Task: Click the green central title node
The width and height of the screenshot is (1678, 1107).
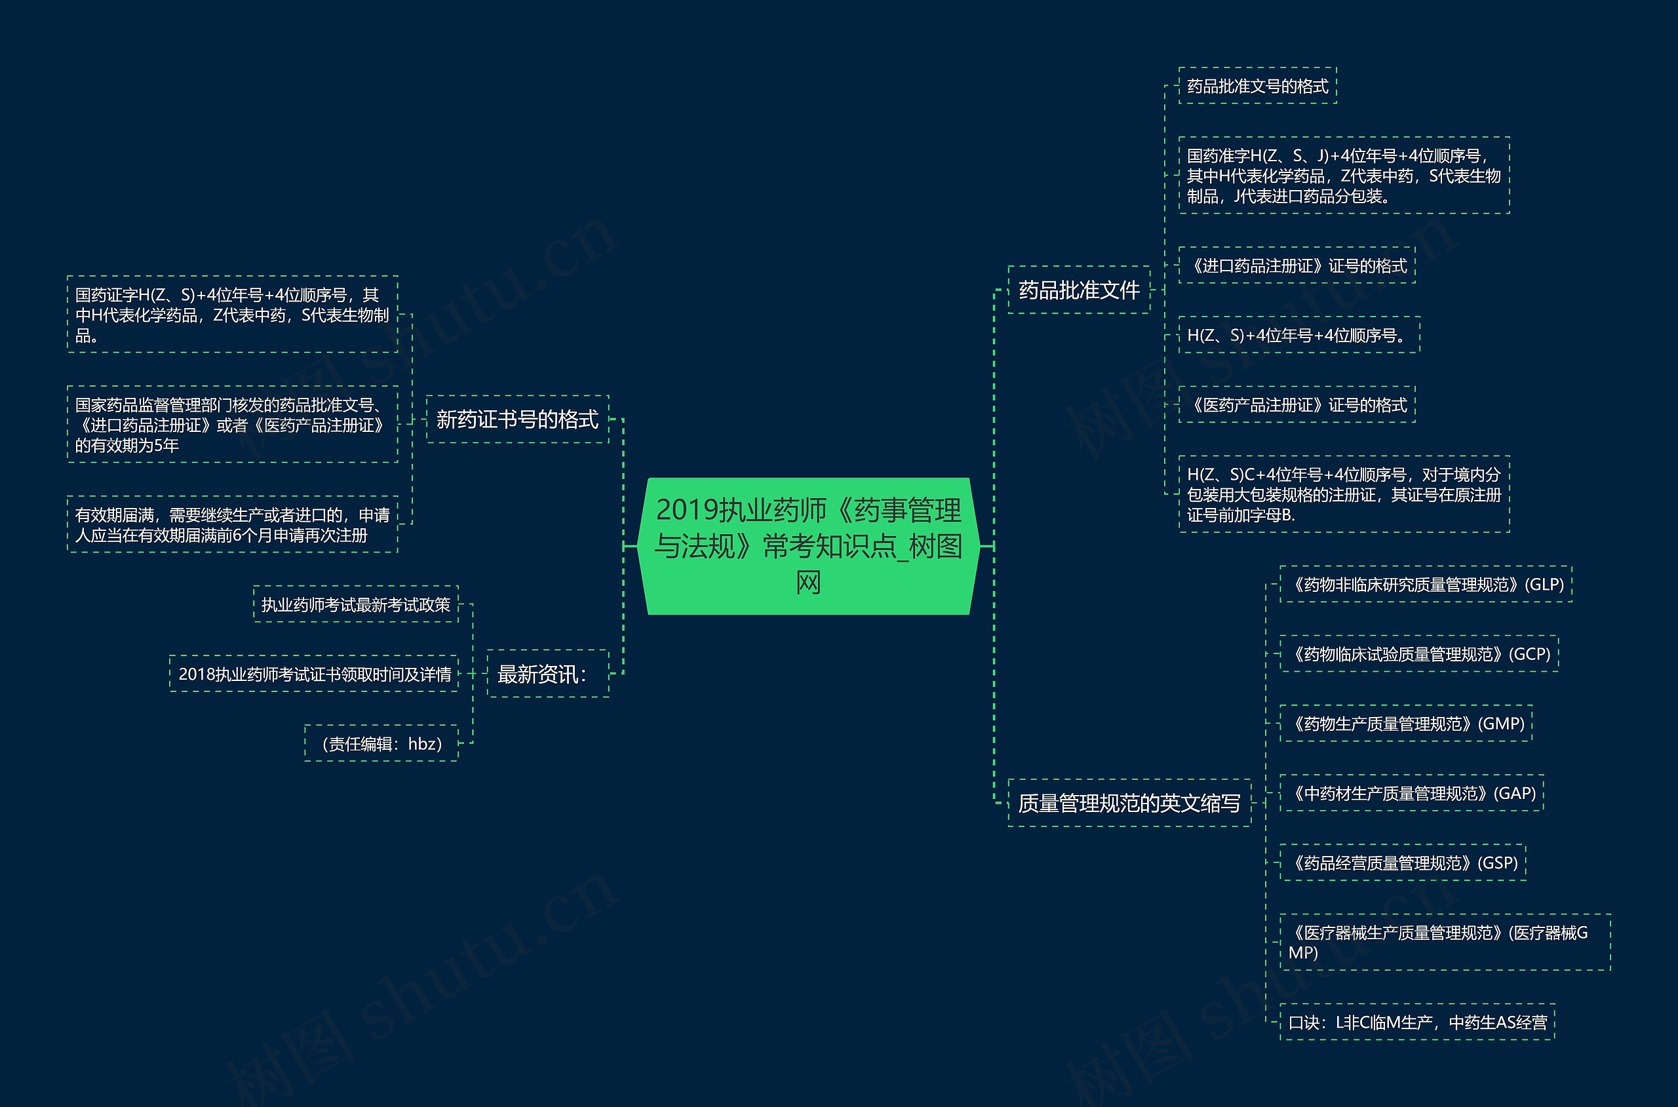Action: [x=808, y=546]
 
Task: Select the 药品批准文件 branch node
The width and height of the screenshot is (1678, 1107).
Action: [x=1079, y=290]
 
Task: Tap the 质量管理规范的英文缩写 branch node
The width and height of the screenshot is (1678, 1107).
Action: [x=1129, y=803]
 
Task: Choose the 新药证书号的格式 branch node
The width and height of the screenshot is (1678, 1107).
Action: [x=517, y=419]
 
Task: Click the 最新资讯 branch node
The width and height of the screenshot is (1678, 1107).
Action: [x=548, y=674]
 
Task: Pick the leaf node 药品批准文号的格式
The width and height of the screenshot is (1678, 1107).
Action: [x=1257, y=86]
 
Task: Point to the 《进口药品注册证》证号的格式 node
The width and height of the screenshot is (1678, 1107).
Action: [x=1297, y=265]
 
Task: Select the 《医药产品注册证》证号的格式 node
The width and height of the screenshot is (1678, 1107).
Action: [x=1297, y=404]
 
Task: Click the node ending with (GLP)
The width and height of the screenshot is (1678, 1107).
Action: [x=1425, y=585]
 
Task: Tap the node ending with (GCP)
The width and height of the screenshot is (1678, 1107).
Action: [x=1419, y=653]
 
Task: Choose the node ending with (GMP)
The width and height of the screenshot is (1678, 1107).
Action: [x=1405, y=724]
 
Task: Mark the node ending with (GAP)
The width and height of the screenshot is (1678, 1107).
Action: [x=1411, y=793]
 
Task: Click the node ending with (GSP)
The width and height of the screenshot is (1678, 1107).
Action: [x=1403, y=863]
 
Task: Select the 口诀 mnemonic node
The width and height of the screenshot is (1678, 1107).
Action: [x=1417, y=1022]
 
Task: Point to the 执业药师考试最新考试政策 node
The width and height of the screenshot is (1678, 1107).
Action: [x=356, y=604]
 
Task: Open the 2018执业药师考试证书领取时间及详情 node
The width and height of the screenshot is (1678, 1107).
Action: [x=314, y=674]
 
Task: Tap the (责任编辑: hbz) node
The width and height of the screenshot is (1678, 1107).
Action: [x=381, y=743]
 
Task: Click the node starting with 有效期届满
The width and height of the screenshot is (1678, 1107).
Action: [x=232, y=524]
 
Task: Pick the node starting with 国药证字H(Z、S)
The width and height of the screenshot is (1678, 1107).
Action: [x=232, y=314]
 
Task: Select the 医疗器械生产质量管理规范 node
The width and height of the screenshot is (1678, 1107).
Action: [x=1445, y=942]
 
